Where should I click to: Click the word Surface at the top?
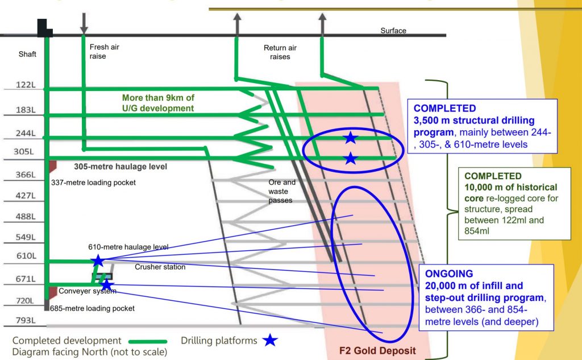(x=393, y=31)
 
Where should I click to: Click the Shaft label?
(x=27, y=54)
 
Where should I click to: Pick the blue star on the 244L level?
(x=351, y=138)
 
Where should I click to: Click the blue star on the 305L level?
(x=351, y=159)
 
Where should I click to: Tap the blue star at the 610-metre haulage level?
(x=98, y=261)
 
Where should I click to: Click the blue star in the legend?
(x=271, y=341)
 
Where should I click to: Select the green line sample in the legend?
(x=147, y=341)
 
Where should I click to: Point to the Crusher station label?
(x=160, y=267)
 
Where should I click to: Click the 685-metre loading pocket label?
(x=97, y=309)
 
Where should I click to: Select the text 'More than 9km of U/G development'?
(x=158, y=103)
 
